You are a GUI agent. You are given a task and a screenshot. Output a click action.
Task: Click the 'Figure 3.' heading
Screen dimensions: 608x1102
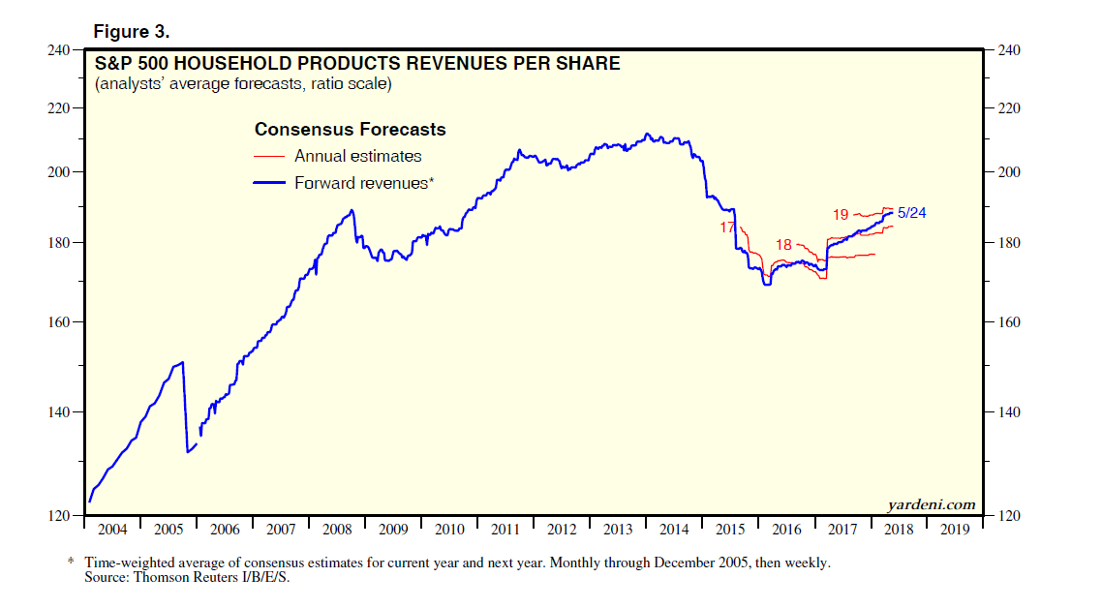tap(131, 31)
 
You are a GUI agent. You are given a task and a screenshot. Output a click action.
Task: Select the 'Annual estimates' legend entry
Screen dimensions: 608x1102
tap(357, 156)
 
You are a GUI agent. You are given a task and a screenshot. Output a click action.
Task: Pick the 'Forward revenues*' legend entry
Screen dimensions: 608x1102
tap(363, 182)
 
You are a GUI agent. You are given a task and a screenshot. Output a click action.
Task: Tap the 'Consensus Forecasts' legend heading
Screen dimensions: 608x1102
tap(350, 130)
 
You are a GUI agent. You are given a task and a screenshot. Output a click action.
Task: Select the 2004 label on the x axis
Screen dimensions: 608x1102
tap(113, 530)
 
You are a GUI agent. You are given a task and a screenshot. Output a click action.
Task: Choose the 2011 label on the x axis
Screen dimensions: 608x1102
tap(505, 530)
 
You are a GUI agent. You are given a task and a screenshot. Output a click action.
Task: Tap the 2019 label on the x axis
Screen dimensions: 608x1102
tap(955, 530)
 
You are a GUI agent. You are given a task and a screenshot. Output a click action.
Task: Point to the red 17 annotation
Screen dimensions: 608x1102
tap(727, 228)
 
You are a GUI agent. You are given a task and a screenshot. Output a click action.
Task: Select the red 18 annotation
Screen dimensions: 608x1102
tap(784, 245)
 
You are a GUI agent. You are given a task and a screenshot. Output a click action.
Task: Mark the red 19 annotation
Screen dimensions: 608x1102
tap(841, 214)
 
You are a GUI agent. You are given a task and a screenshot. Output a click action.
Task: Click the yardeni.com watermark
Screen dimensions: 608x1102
tap(931, 504)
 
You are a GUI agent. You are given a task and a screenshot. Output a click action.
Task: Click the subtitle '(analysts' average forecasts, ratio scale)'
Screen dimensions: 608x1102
tap(242, 85)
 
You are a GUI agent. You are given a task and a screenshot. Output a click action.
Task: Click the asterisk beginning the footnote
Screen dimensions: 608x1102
tap(71, 562)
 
